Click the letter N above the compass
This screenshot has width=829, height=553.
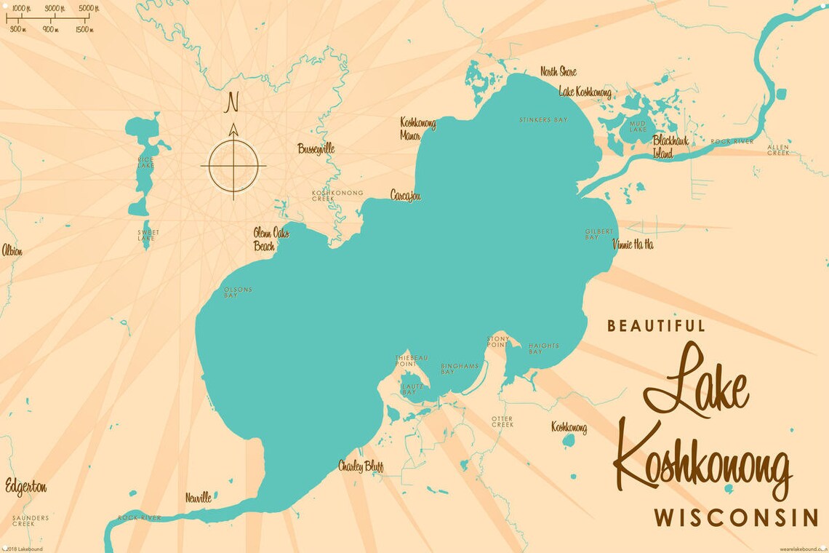pyautogui.click(x=233, y=103)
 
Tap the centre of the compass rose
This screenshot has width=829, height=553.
pyautogui.click(x=233, y=165)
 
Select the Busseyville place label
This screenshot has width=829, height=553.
pyautogui.click(x=316, y=148)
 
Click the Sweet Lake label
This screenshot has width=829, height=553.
pyautogui.click(x=148, y=235)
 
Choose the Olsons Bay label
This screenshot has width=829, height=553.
pyautogui.click(x=238, y=293)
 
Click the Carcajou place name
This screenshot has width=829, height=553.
pyautogui.click(x=405, y=196)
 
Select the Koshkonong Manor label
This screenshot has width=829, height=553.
pyautogui.click(x=418, y=129)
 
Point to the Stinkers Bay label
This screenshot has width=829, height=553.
pyautogui.click(x=542, y=119)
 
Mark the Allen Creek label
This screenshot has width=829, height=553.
pyautogui.click(x=778, y=150)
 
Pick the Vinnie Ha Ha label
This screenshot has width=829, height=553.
pyautogui.click(x=633, y=244)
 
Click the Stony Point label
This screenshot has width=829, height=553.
pyautogui.click(x=498, y=341)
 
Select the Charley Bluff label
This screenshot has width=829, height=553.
pyautogui.click(x=361, y=466)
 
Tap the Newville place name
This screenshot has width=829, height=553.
pyautogui.click(x=198, y=498)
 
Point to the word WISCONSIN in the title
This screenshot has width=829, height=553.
pyautogui.click(x=736, y=518)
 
